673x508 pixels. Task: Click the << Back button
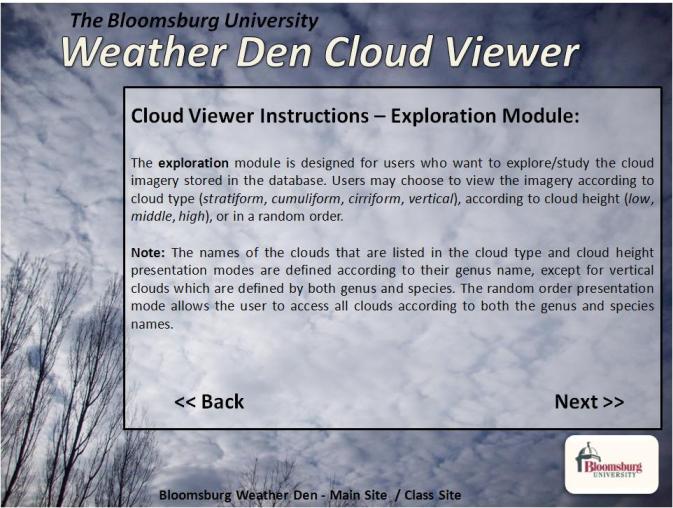click(x=209, y=402)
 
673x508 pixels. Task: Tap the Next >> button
click(x=589, y=402)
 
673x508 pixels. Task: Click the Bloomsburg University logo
click(x=612, y=465)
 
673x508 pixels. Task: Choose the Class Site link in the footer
click(x=431, y=495)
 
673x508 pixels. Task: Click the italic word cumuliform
click(x=306, y=198)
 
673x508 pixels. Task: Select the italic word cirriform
click(x=380, y=198)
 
